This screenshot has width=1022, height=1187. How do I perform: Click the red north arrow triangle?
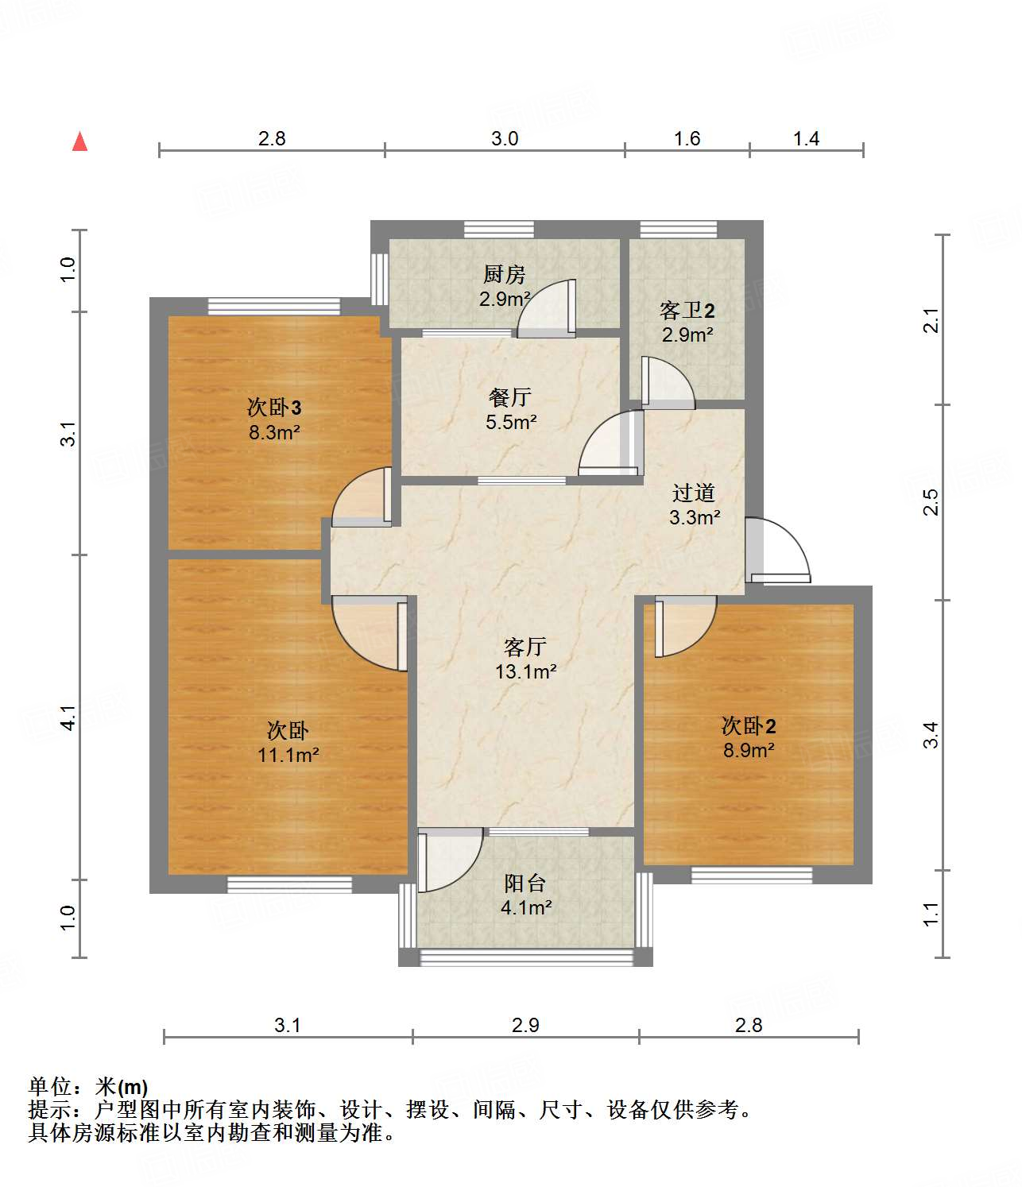(79, 141)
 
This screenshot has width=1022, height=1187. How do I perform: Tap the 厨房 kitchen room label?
(504, 274)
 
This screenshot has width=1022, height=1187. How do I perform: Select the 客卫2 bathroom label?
(687, 311)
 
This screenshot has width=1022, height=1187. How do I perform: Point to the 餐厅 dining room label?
(510, 396)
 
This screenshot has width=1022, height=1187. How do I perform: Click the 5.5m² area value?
(511, 422)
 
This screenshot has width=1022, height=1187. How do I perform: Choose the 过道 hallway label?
(694, 493)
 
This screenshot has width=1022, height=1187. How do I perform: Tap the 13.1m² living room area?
(525, 671)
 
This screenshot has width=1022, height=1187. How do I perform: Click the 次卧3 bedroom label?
(274, 407)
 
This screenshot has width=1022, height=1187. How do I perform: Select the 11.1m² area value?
(288, 755)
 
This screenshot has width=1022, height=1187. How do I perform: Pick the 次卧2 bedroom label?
(749, 726)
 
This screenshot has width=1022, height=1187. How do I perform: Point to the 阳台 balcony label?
(525, 883)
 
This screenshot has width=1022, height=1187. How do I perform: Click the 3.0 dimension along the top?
(505, 138)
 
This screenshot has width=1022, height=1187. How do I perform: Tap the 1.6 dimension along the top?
(687, 138)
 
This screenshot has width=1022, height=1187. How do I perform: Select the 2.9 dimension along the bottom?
(525, 1025)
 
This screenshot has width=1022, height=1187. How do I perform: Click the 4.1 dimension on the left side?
(68, 717)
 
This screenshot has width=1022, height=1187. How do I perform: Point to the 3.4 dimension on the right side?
(931, 735)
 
